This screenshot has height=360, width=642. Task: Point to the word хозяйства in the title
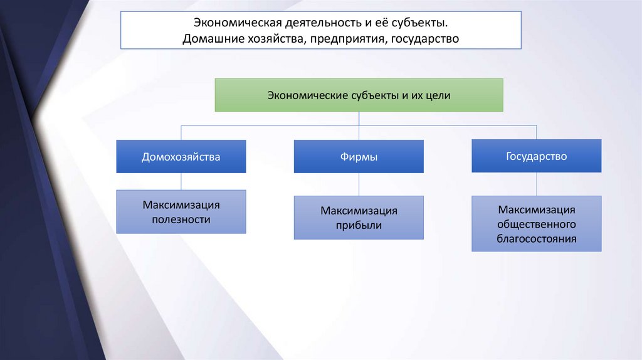coord(271,39)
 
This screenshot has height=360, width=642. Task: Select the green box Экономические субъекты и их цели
coord(359,95)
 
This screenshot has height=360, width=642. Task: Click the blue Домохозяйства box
coord(181,156)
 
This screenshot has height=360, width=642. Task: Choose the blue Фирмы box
coord(359,157)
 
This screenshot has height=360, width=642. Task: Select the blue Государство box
coord(537,156)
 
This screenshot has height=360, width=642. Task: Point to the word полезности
coord(181,220)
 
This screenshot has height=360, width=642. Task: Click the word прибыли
coord(359,225)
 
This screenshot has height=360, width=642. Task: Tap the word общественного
coord(537,223)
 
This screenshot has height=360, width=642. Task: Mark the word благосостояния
coord(537,238)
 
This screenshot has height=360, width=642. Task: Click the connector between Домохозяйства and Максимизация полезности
coord(181,181)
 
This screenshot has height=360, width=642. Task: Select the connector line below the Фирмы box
coord(359,184)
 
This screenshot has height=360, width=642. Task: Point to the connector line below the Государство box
coord(537,184)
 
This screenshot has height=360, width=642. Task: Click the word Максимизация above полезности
coord(181,205)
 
